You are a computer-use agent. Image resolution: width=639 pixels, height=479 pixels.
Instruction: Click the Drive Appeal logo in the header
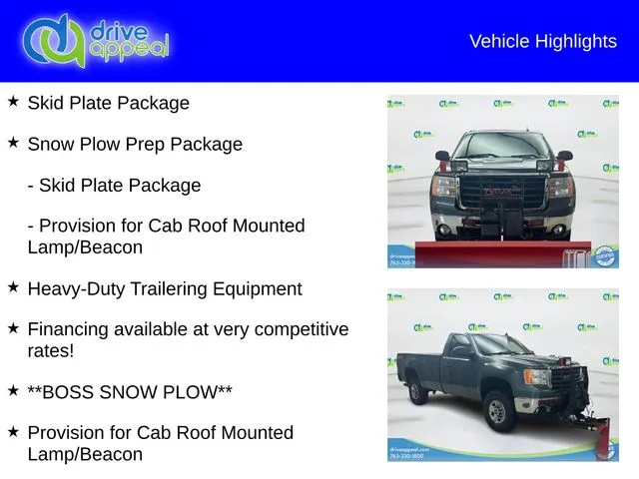coord(96,41)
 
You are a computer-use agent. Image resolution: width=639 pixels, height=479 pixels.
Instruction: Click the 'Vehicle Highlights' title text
coord(542,41)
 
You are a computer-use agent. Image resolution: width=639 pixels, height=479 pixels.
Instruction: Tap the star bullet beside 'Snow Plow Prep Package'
coord(13,143)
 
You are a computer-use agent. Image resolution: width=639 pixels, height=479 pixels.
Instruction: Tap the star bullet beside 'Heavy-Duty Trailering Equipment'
coord(13,287)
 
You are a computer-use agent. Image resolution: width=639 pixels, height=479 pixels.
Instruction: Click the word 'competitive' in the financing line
coord(297,329)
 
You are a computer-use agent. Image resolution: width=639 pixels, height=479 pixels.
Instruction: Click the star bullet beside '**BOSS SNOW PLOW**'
coord(13,391)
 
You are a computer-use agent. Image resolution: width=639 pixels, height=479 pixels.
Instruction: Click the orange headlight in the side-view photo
coord(537,378)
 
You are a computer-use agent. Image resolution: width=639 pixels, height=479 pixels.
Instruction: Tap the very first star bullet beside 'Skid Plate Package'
coord(13,102)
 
